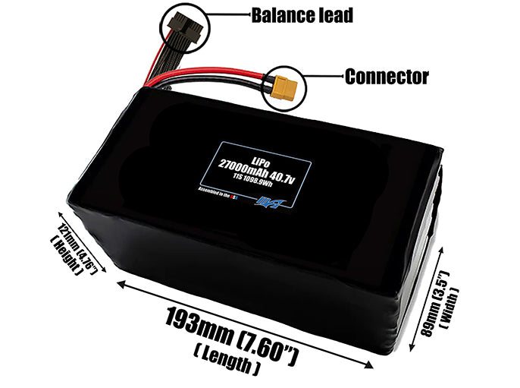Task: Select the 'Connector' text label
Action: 387,77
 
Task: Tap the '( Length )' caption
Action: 227,357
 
